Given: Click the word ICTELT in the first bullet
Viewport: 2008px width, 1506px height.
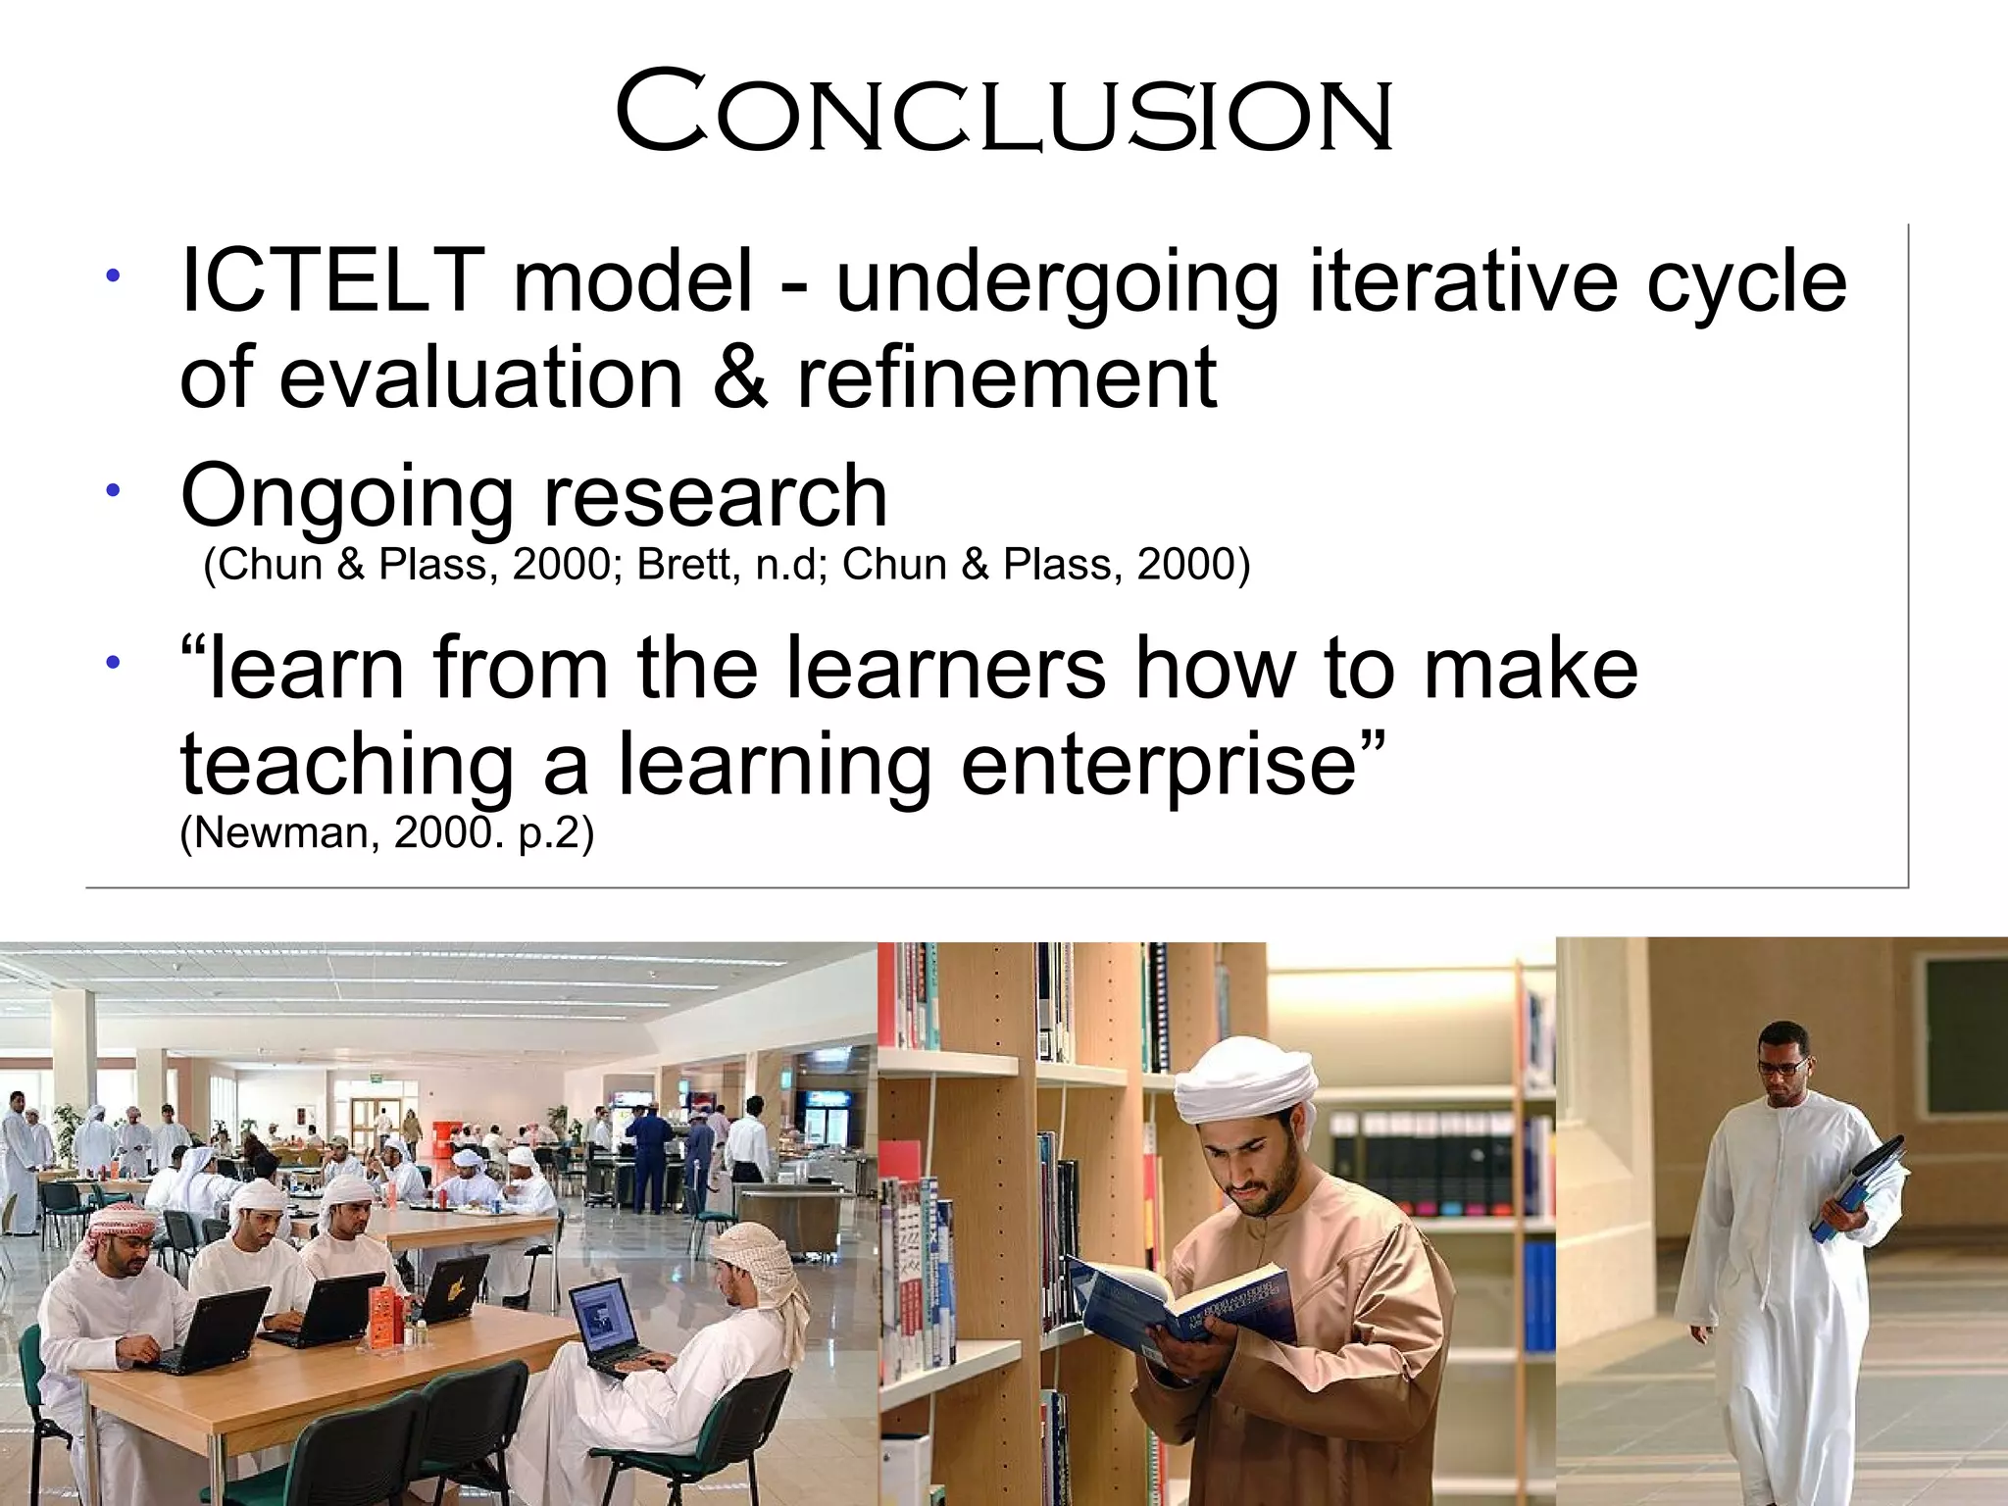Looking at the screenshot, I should click(331, 281).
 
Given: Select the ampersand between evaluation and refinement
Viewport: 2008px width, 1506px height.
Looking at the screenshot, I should click(740, 377).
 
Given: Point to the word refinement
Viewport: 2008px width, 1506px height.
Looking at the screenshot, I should click(1007, 377).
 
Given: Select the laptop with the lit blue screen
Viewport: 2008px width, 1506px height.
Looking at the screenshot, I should click(606, 1319).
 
